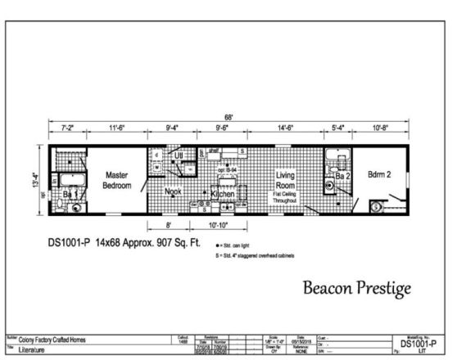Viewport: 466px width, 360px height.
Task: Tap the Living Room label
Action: [x=285, y=180]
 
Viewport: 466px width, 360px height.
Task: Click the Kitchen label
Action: [x=223, y=194]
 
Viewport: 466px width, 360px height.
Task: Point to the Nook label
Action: [x=173, y=192]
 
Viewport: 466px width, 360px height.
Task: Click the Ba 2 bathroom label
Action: [x=343, y=176]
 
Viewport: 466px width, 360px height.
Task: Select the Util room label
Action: [x=178, y=155]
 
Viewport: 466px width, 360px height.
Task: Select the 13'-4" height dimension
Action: [x=37, y=179]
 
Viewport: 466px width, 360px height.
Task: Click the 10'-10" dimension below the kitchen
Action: [x=218, y=225]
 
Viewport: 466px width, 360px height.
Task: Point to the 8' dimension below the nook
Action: [x=168, y=225]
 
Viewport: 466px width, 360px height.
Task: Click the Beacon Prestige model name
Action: [x=357, y=288]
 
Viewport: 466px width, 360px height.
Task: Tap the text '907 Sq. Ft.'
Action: [x=172, y=243]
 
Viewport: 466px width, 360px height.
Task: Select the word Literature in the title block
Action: [x=34, y=349]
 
